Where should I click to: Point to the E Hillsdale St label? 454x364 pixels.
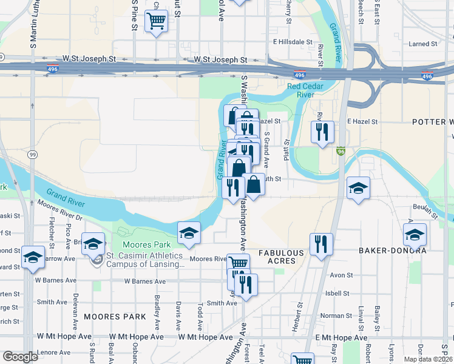pyautogui.click(x=295, y=42)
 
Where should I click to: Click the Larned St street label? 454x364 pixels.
pyautogui.click(x=423, y=44)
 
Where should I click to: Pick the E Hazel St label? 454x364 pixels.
pyautogui.click(x=358, y=121)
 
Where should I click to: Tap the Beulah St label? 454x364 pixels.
pyautogui.click(x=424, y=211)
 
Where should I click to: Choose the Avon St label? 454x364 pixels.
pyautogui.click(x=341, y=275)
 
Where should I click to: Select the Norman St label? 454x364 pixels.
pyautogui.click(x=332, y=315)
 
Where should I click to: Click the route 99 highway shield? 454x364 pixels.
pyautogui.click(x=32, y=155)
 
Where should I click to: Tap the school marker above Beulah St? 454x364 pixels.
pyautogui.click(x=358, y=188)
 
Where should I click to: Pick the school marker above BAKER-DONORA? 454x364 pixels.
pyautogui.click(x=415, y=234)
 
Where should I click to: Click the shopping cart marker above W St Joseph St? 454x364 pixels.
pyautogui.click(x=156, y=21)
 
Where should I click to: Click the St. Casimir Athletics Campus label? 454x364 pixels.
pyautogui.click(x=144, y=260)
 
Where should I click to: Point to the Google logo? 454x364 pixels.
pyautogui.click(x=20, y=357)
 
